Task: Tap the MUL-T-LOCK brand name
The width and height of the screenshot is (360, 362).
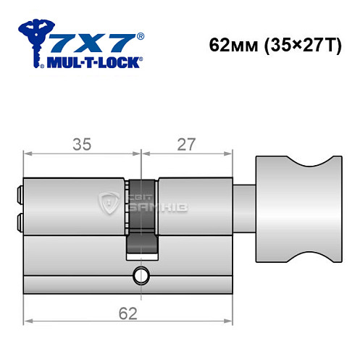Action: [x=93, y=61]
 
